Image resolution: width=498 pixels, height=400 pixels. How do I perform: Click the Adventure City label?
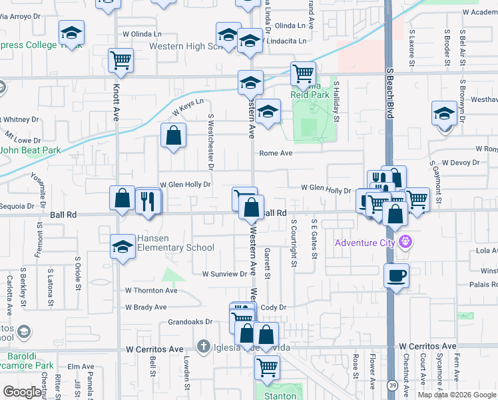[365, 242]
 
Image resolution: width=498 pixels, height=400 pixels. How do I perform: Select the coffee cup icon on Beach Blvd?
[396, 276]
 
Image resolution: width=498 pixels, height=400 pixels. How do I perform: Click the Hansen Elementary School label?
[176, 243]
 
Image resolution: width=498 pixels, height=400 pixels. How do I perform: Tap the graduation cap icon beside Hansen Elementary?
[122, 247]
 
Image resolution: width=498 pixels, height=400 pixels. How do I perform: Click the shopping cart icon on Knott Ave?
[121, 61]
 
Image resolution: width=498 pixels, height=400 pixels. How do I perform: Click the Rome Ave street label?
[276, 153]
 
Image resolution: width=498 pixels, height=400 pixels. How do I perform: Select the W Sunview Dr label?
[225, 274]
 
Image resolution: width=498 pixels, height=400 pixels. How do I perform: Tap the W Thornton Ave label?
[151, 291]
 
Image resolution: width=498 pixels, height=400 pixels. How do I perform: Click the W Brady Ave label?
[146, 307]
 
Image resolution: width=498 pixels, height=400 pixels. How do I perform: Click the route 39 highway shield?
[393, 387]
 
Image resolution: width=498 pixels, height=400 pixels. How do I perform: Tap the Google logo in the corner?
[22, 392]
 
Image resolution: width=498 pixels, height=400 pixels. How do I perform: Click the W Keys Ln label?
[187, 107]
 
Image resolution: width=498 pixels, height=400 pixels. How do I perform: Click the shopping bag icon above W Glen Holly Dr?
[173, 137]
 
